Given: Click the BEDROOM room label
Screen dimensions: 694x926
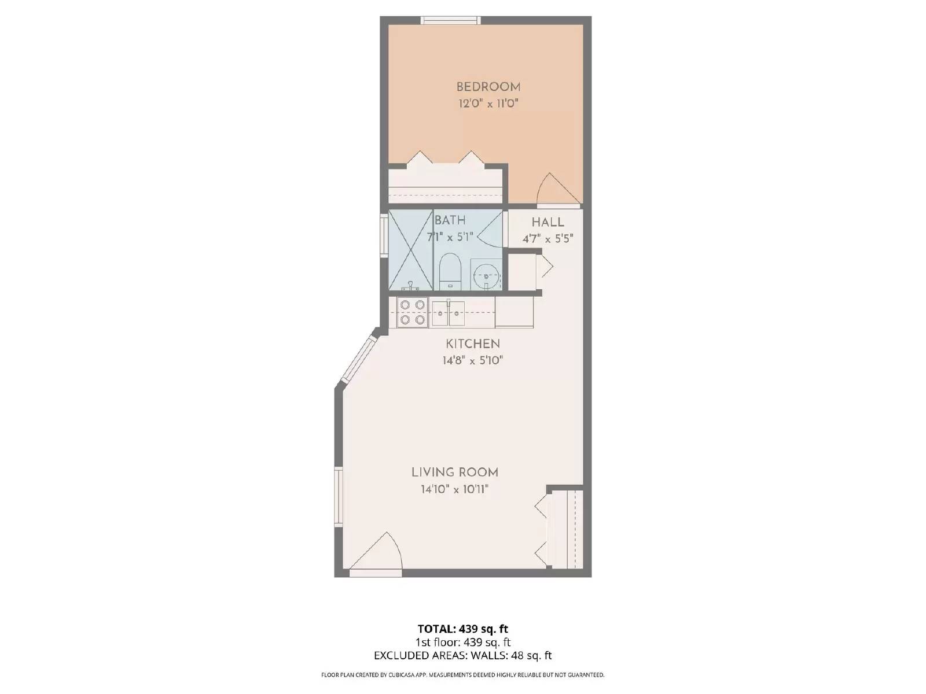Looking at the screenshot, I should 488,87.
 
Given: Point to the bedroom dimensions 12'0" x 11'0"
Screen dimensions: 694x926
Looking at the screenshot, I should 488,104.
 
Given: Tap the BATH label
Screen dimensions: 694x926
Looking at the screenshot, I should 450,220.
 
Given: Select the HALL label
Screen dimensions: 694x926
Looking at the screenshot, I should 547,223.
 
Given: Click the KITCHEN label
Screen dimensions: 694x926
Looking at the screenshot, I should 472,344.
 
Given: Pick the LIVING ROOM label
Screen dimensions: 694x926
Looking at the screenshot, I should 454,472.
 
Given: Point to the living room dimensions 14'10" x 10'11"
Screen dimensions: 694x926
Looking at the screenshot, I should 454,489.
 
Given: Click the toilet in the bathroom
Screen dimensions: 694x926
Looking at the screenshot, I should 449,274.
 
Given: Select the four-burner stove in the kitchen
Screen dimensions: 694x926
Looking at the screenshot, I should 412,312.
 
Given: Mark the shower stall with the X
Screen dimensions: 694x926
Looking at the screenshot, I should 410,249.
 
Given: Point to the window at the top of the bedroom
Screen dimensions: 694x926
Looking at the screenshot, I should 450,21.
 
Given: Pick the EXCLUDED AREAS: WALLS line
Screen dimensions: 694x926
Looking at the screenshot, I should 462,655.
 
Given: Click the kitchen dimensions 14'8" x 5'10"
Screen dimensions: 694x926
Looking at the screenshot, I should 472,360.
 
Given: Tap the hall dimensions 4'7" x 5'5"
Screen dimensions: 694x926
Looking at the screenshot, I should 547,238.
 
